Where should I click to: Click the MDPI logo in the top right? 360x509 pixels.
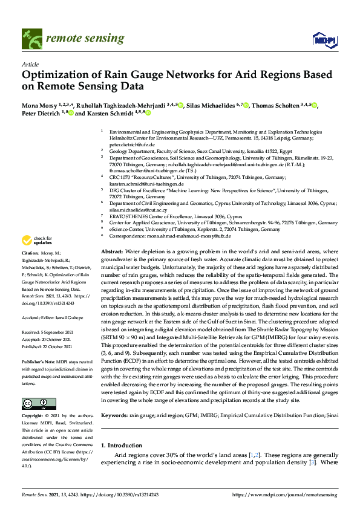click(x=324, y=40)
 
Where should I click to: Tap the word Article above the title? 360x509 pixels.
click(x=30, y=63)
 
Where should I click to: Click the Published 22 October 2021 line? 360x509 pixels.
click(x=49, y=347)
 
